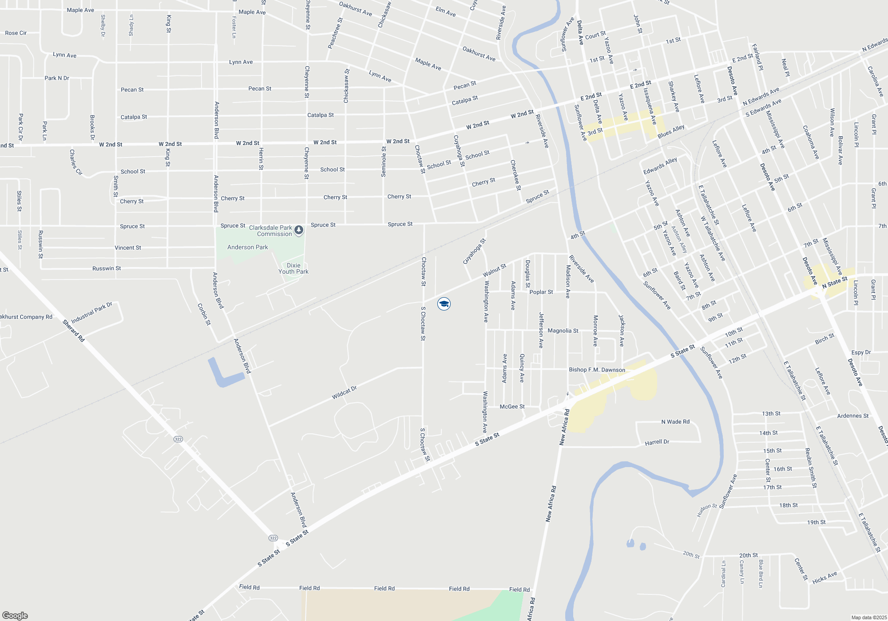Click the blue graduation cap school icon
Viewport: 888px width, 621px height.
pos(444,304)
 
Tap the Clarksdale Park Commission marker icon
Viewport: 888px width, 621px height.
pos(299,230)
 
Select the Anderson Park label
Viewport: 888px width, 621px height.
pos(247,247)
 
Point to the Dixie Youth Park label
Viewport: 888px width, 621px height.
pos(293,268)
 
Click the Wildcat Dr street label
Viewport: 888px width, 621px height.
pos(344,393)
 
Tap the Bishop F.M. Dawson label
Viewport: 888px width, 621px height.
pos(597,369)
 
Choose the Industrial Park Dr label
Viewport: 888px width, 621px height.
pos(92,313)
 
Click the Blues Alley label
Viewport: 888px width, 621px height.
pos(671,131)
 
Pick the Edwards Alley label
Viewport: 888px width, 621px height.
pos(660,166)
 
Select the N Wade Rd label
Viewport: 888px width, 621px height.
pos(675,422)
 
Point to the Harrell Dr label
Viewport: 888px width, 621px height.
pos(657,442)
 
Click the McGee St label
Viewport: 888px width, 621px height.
pos(512,407)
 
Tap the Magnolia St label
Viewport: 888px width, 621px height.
pos(563,331)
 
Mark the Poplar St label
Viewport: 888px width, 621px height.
pos(541,292)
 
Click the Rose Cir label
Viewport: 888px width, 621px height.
pos(16,33)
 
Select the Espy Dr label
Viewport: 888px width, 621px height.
pos(861,353)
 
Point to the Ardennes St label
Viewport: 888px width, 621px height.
pos(852,416)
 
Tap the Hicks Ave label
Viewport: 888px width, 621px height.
pos(825,578)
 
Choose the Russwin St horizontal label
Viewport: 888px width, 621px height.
pos(107,268)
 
